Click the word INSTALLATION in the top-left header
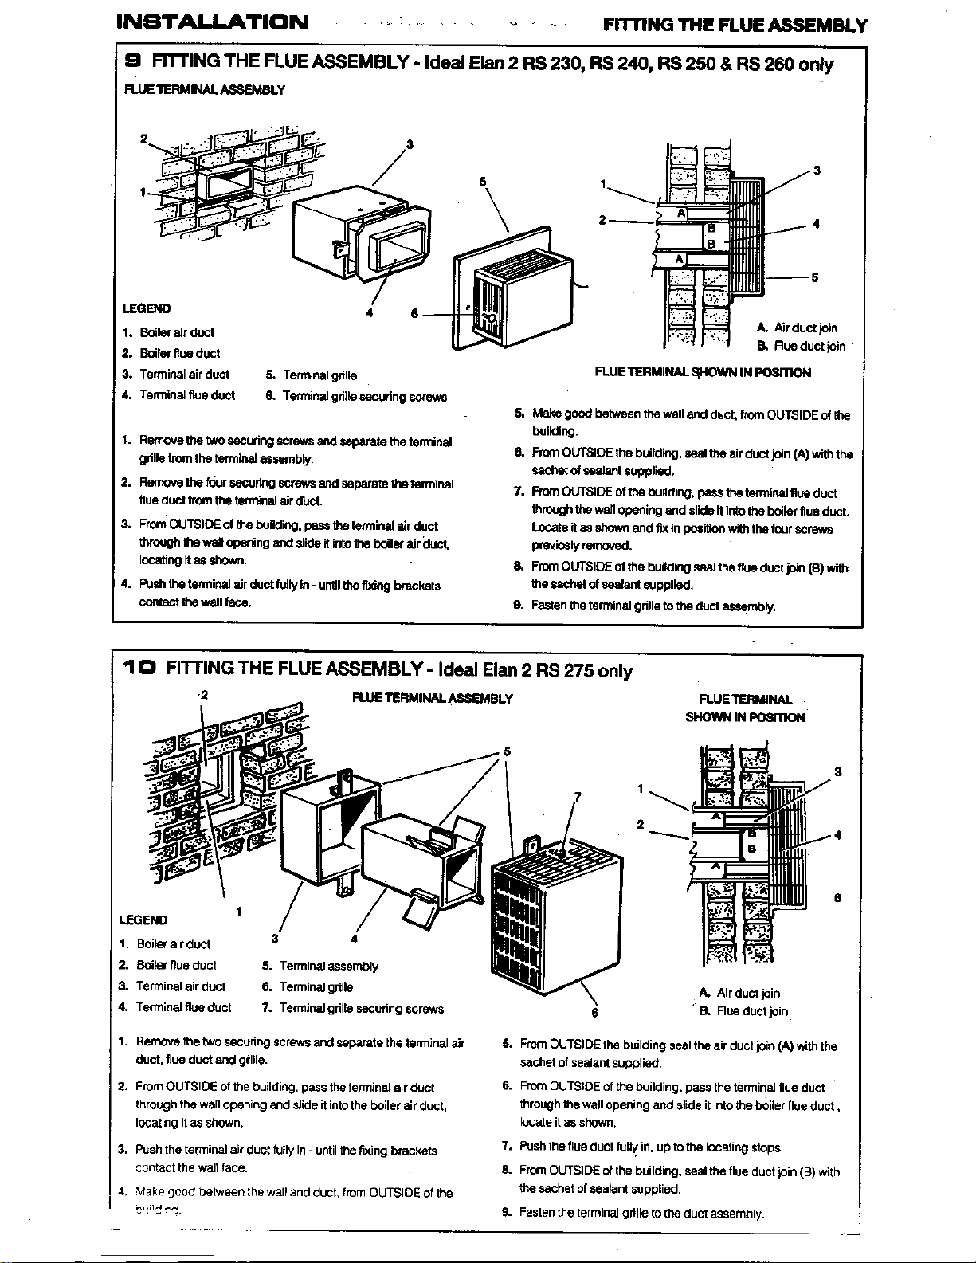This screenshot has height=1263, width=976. [212, 22]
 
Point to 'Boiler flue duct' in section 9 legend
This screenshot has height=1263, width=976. [179, 353]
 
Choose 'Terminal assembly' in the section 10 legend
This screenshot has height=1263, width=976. [329, 966]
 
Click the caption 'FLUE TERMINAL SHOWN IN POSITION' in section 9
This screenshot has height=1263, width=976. [703, 372]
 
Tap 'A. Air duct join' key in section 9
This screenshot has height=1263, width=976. [797, 328]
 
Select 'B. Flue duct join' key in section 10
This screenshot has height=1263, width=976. [743, 1011]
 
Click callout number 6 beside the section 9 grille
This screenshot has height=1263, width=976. [414, 313]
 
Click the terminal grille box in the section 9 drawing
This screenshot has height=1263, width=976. [522, 303]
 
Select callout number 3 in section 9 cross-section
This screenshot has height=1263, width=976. [817, 171]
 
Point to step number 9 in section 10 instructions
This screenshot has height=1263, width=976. [506, 1213]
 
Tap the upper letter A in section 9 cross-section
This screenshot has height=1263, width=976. [682, 214]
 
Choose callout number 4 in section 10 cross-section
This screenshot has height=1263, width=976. [837, 835]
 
